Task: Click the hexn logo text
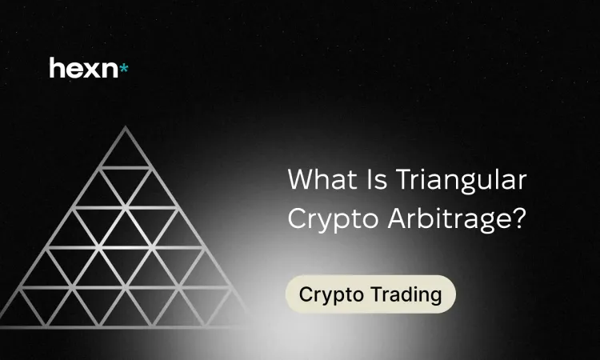[84, 68]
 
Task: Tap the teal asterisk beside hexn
[123, 69]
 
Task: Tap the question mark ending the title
[520, 219]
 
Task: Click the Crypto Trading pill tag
[370, 294]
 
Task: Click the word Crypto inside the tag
[331, 296]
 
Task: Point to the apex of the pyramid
[125, 126]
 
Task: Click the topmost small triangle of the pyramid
[125, 152]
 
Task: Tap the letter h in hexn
[56, 68]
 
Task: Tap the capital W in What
[302, 179]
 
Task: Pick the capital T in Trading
[378, 294]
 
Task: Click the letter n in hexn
[110, 70]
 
